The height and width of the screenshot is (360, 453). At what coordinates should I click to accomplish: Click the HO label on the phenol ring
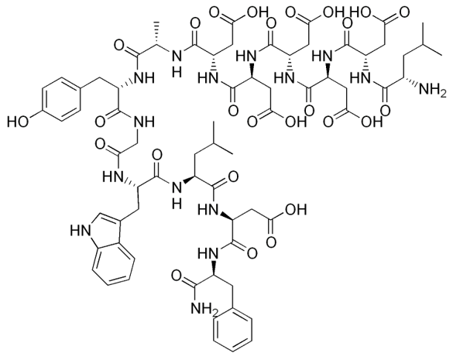click(x=18, y=122)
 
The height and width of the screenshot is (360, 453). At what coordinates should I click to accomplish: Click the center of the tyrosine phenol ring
click(x=61, y=98)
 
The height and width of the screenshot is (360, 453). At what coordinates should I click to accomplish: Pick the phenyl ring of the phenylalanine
click(x=232, y=331)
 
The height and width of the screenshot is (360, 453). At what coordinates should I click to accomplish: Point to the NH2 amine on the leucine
click(x=432, y=89)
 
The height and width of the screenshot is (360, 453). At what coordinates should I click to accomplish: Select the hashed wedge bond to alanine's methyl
click(x=157, y=33)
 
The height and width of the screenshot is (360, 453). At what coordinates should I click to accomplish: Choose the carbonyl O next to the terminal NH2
click(x=177, y=276)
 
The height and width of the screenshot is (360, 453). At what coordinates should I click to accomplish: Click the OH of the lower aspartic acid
click(x=296, y=210)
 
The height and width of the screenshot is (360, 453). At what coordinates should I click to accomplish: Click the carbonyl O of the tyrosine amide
click(x=100, y=122)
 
